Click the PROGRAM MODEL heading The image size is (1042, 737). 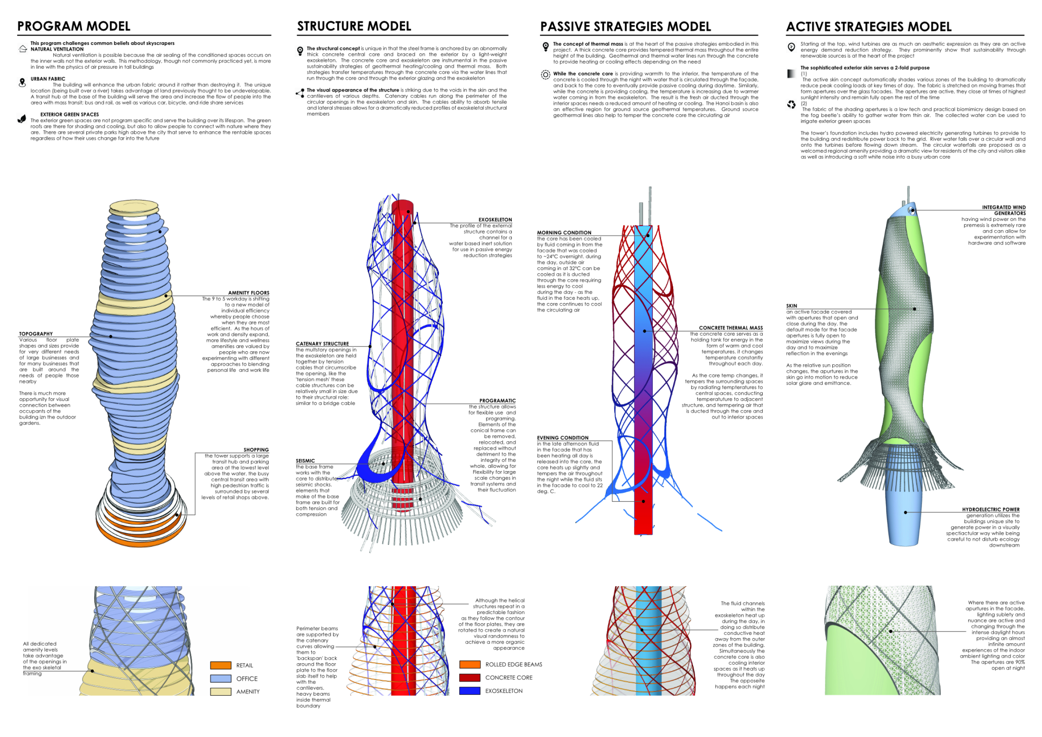tap(74, 26)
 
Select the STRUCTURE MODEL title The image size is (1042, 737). tap(354, 26)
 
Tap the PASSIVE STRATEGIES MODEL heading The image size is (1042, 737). tap(625, 27)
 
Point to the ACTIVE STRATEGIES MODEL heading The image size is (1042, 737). tap(869, 27)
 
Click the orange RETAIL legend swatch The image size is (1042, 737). tap(220, 665)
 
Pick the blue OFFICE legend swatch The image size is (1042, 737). tap(220, 679)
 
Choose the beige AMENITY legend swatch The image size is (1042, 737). tap(220, 692)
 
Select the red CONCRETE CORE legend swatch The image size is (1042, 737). tap(470, 677)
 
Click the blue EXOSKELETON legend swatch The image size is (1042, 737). tap(470, 691)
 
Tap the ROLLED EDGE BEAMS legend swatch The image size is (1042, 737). tap(470, 664)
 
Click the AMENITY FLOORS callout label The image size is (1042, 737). tap(248, 293)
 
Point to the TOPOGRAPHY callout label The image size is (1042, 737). tap(36, 333)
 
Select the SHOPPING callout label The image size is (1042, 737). tap(256, 450)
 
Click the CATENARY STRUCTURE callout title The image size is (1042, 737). tap(322, 343)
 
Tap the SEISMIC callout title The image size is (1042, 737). tap(305, 461)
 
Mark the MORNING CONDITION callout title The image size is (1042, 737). tap(564, 232)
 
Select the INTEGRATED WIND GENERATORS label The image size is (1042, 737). tap(1003, 210)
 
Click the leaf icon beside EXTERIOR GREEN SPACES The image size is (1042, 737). tap(22, 119)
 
